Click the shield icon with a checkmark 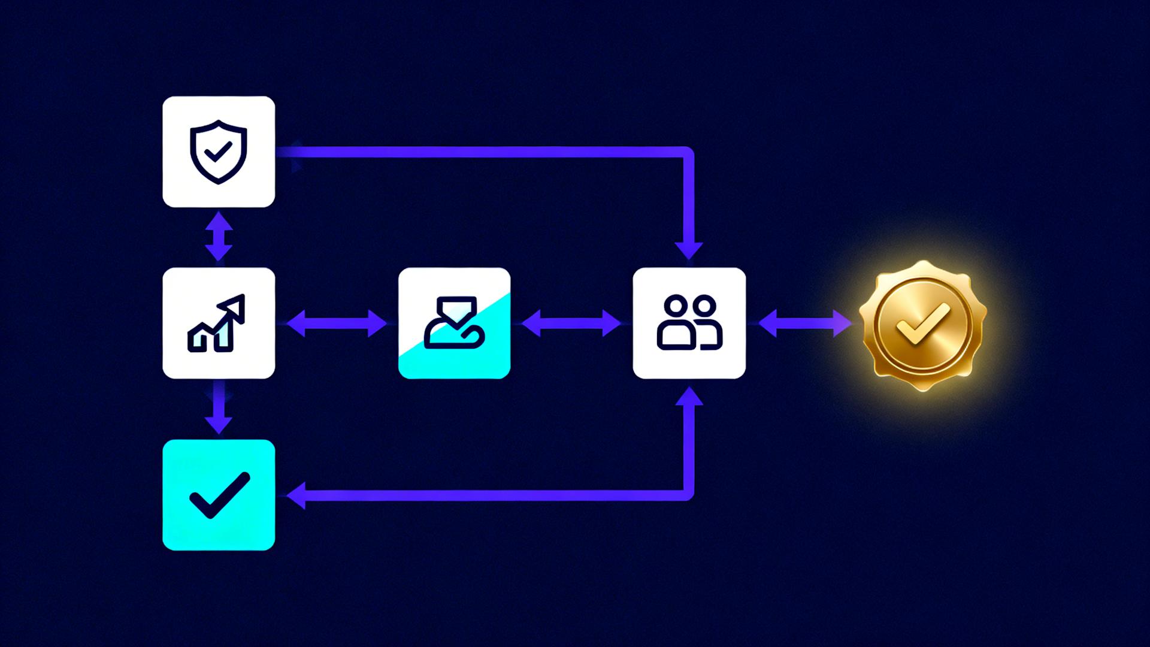click(219, 152)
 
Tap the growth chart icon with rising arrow click(217, 323)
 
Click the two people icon click(689, 322)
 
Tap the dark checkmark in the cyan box click(219, 495)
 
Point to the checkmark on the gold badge click(923, 324)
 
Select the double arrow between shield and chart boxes click(219, 237)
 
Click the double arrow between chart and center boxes click(337, 323)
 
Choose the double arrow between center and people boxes click(571, 323)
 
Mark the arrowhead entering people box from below click(689, 397)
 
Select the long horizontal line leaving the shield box click(479, 152)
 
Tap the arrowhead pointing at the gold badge click(842, 323)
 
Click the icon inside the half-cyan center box click(454, 322)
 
